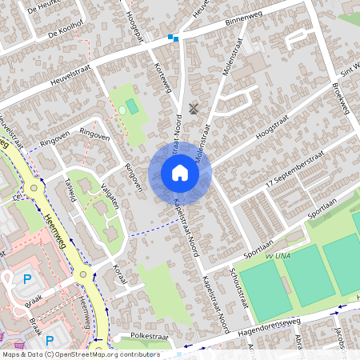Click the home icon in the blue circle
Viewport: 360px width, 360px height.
click(180, 173)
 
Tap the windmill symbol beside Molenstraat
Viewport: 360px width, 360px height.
click(193, 107)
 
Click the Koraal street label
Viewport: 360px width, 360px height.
click(120, 272)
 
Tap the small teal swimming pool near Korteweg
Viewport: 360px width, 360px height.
click(131, 105)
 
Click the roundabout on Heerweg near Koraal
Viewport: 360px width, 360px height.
click(83, 274)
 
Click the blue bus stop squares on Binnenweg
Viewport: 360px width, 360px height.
click(174, 37)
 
